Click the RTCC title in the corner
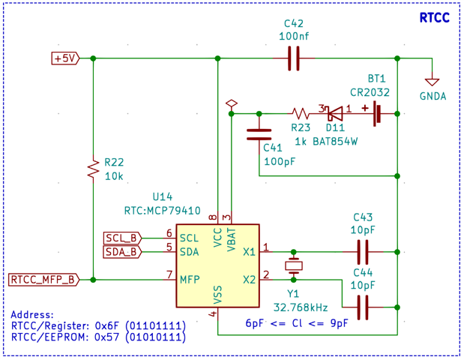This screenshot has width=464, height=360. click(434, 18)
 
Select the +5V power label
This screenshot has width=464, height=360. click(64, 58)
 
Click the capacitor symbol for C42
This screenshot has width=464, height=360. click(293, 58)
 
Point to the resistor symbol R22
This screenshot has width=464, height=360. click(93, 168)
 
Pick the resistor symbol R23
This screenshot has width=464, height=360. click(301, 114)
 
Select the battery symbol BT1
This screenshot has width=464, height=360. click(378, 114)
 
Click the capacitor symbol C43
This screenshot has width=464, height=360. click(363, 251)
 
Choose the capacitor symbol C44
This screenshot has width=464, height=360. click(363, 307)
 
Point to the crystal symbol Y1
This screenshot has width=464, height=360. click(294, 265)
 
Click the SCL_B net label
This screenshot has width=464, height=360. click(121, 238)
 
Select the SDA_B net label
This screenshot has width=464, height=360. click(121, 252)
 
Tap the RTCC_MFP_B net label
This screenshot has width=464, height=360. click(43, 280)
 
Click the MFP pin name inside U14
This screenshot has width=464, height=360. click(190, 280)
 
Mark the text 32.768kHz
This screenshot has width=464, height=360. click(300, 307)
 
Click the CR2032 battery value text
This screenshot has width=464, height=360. click(370, 92)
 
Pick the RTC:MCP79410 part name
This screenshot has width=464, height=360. click(162, 211)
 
